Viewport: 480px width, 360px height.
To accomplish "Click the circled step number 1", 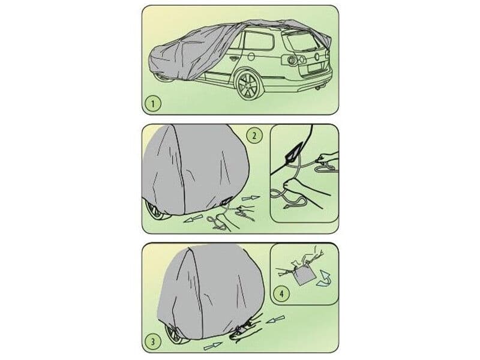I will [152, 104].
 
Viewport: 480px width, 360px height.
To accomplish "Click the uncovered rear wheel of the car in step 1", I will [248, 86].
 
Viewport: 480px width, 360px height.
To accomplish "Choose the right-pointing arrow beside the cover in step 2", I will [253, 197].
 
